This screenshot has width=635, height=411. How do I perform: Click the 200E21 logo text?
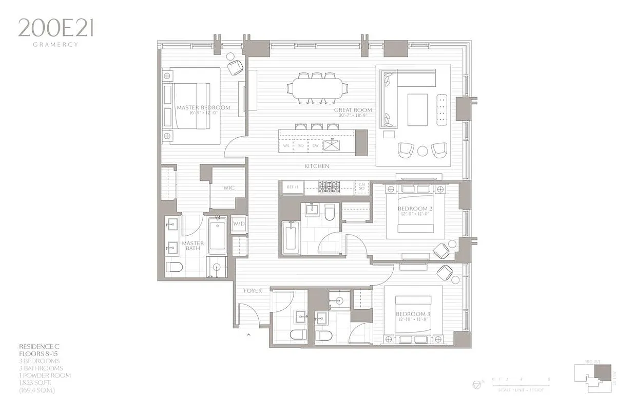click(55, 28)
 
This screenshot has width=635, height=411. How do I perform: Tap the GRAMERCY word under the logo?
click(55, 45)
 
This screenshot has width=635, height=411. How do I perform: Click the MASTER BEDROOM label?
click(203, 108)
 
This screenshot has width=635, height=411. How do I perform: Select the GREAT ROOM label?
click(353, 110)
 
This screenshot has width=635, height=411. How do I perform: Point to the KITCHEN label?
click(317, 166)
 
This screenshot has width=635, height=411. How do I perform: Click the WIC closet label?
click(228, 188)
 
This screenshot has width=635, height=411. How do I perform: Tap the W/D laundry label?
click(239, 225)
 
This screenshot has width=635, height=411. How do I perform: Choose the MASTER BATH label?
click(194, 246)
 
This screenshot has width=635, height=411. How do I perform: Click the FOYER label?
click(253, 291)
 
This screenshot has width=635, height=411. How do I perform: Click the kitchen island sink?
click(331, 145)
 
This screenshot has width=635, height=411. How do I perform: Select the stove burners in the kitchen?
click(329, 186)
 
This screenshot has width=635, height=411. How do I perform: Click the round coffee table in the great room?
click(422, 151)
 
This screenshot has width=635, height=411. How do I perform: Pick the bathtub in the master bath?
click(217, 235)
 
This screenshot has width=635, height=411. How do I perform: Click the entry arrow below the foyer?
click(249, 335)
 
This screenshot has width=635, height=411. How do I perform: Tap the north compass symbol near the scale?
click(476, 383)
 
